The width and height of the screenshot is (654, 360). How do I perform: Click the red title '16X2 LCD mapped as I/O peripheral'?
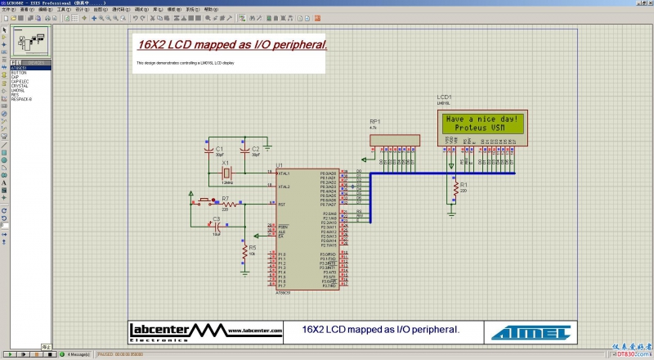pyautogui.click(x=231, y=44)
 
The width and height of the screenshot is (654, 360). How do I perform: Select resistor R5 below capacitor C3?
pyautogui.click(x=244, y=255)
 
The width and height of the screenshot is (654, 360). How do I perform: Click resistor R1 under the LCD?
pyautogui.click(x=454, y=190)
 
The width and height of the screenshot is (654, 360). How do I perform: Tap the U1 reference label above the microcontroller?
pyautogui.click(x=280, y=164)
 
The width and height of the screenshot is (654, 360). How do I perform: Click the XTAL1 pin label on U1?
pyautogui.click(x=284, y=173)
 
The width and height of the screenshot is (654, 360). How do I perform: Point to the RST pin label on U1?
pyautogui.click(x=282, y=205)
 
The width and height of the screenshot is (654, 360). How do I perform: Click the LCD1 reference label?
pyautogui.click(x=444, y=97)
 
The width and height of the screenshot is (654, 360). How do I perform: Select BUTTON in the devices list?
pyautogui.click(x=19, y=73)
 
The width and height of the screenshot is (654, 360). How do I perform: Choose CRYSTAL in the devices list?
pyautogui.click(x=20, y=85)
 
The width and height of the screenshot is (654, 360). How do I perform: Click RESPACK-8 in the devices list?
pyautogui.click(x=21, y=98)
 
